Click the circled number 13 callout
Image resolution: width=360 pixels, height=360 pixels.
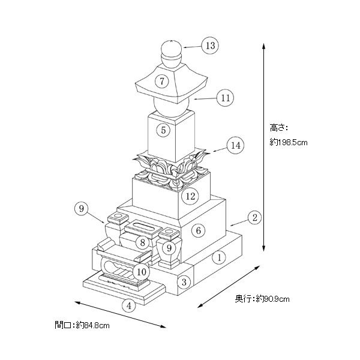click(209, 45)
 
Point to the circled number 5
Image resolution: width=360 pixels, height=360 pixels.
click(163, 129)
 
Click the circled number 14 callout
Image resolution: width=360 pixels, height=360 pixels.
click(235, 145)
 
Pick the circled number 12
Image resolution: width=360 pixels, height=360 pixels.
click(190, 196)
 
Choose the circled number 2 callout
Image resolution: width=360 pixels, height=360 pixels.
click(254, 217)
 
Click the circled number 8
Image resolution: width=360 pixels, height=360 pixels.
click(142, 242)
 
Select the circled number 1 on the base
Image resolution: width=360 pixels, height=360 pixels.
click(220, 257)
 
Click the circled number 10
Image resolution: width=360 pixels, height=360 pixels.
click(142, 271)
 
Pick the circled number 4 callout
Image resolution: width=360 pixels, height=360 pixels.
click(128, 305)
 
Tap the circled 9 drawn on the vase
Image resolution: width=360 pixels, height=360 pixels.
click(170, 247)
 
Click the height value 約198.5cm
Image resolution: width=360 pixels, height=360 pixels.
click(289, 142)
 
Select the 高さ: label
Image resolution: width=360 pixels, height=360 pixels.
click(279, 127)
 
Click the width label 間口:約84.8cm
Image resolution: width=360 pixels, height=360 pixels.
click(82, 325)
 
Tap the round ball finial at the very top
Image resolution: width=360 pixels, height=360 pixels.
click(172, 48)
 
